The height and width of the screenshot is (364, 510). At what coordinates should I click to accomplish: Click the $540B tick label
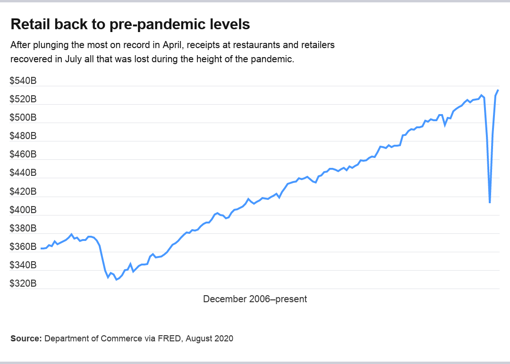click(x=23, y=81)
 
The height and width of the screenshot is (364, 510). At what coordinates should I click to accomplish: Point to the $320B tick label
click(x=23, y=283)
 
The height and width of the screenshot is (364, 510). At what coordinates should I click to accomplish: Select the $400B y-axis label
click(x=23, y=210)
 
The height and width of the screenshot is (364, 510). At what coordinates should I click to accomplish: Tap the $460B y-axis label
click(x=23, y=155)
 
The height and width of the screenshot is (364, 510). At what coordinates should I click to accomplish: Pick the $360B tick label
click(x=23, y=247)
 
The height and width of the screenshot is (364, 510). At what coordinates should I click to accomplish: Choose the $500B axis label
click(x=23, y=118)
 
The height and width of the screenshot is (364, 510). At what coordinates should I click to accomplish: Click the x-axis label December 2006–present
click(x=255, y=299)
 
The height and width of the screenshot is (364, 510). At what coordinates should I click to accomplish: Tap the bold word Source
click(x=26, y=339)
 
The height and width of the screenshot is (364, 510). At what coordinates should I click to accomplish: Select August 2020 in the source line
click(x=210, y=339)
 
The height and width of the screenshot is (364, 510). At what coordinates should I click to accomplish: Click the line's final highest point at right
click(x=498, y=90)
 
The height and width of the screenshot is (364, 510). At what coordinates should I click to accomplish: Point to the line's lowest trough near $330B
click(x=116, y=280)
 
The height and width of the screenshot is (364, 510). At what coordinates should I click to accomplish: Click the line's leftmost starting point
click(x=41, y=248)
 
